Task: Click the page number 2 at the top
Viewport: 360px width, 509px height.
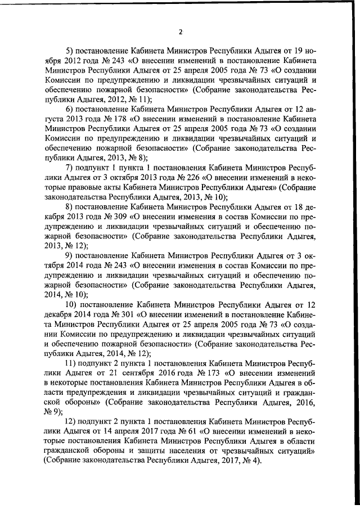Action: click(180, 31)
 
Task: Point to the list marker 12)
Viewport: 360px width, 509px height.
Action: click(71, 422)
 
